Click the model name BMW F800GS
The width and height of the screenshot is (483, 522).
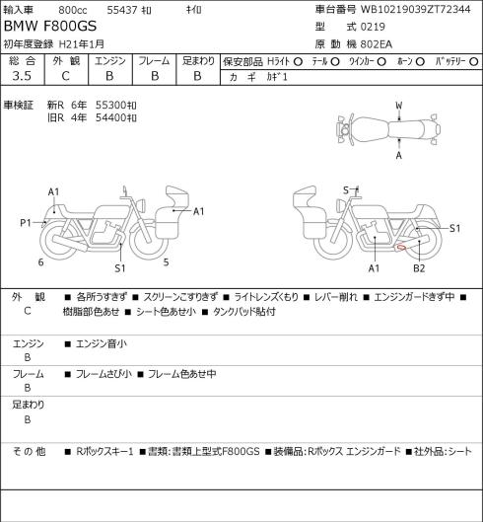point(50,27)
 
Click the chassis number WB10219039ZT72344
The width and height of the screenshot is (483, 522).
point(416,9)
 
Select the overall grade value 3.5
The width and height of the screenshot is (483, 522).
point(22,76)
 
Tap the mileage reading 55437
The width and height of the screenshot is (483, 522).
point(122,10)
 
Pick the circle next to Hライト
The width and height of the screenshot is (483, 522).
point(298,62)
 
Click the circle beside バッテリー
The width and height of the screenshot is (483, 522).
point(474,62)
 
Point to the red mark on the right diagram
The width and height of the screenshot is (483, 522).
point(401,248)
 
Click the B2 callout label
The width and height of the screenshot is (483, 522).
point(419,268)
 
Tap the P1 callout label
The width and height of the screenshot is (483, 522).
point(26,223)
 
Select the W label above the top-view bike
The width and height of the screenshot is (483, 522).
point(399,106)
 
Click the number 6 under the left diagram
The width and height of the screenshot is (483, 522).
point(41,262)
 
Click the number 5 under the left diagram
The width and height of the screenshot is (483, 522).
point(166,262)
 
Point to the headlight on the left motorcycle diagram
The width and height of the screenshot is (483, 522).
point(141,204)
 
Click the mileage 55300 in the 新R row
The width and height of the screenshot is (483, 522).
point(112,106)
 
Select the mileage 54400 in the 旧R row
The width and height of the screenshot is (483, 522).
point(112,117)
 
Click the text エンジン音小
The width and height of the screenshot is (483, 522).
point(102,344)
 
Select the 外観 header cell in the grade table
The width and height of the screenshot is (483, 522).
point(66,61)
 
